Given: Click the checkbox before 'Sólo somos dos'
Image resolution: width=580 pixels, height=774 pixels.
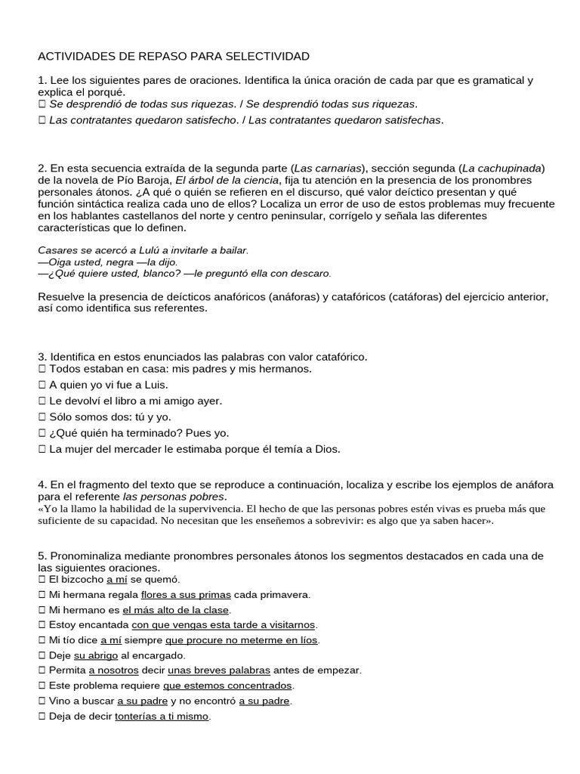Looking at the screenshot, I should point(42,417).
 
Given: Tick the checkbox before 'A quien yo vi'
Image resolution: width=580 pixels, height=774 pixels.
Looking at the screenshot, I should point(42,385).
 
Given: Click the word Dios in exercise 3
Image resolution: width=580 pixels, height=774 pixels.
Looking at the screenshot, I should point(327,449).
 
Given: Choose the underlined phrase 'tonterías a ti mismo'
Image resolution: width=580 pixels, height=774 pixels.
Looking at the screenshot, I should point(162,716).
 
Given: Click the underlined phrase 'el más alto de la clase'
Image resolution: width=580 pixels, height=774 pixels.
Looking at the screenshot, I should point(176,610).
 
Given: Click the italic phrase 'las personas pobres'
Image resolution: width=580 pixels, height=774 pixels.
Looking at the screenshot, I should point(174,497).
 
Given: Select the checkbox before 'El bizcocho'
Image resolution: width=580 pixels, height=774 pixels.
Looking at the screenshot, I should point(42,580).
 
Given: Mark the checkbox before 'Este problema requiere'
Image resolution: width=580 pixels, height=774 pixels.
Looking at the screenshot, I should point(42,686).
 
